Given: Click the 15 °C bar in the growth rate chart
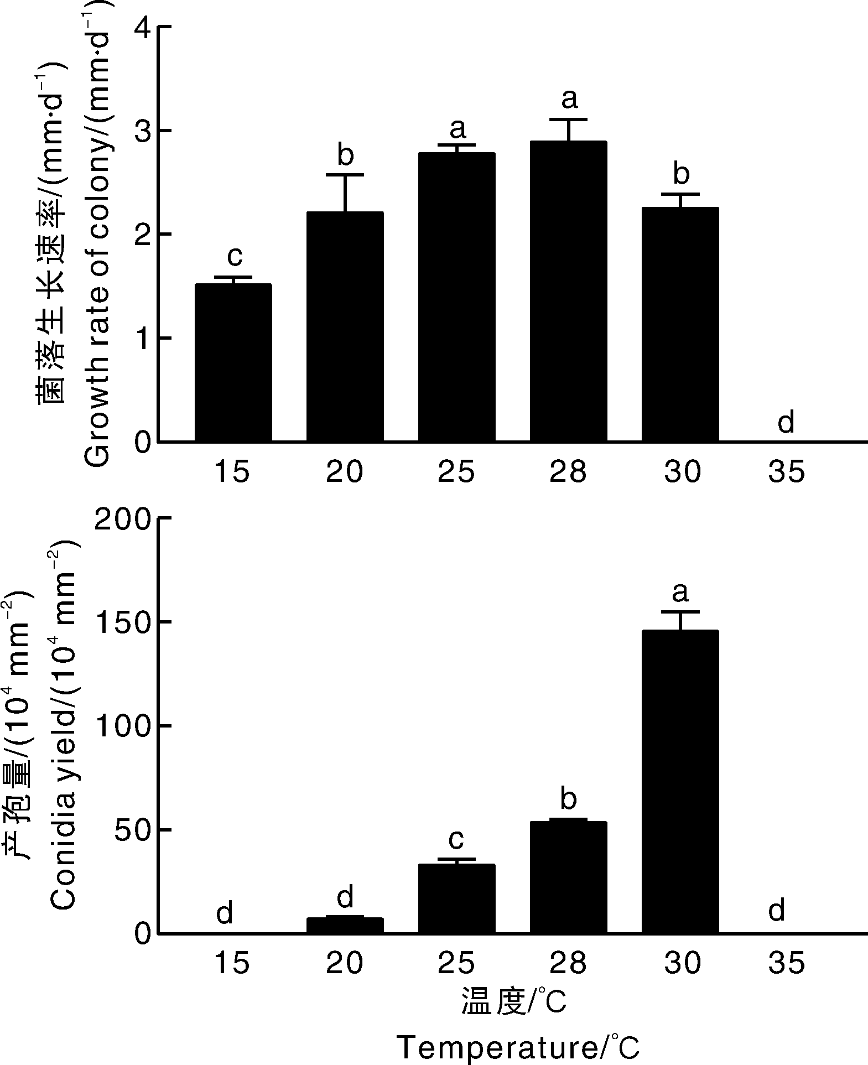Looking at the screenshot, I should (x=233, y=362).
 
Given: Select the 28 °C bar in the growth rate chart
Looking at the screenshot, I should (x=568, y=292).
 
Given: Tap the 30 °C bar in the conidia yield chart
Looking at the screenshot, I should (x=680, y=782).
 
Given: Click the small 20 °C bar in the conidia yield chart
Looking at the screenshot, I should (x=345, y=926).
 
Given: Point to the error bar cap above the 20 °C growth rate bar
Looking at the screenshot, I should (x=345, y=175).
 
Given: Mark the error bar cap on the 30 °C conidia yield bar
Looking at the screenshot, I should (x=680, y=612).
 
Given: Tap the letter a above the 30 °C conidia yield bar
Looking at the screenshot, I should (x=680, y=593).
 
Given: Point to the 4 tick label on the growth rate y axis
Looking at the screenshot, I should (x=143, y=27).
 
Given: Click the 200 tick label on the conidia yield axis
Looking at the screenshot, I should (x=123, y=518).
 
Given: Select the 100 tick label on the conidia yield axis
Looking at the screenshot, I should (x=123, y=726).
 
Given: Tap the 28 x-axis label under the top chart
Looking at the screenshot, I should (x=568, y=472).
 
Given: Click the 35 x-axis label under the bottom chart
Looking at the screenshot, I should (x=786, y=963).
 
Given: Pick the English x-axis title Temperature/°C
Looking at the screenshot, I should (x=518, y=1047).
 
